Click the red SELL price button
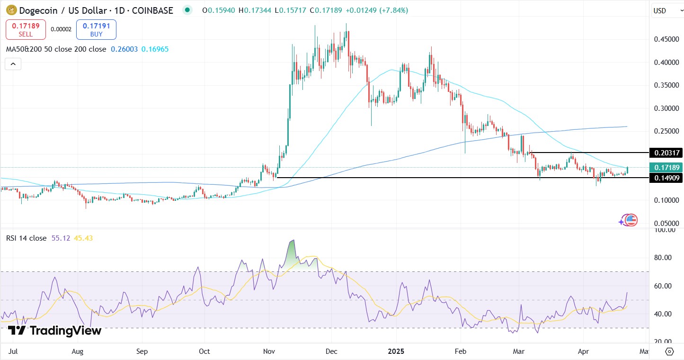coord(26,29)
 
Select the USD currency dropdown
coord(666,10)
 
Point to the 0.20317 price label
coord(667,153)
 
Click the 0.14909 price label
coord(667,178)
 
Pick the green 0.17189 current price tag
coord(667,167)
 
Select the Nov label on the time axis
coord(268,351)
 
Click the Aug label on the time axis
coord(78,351)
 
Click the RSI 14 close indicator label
coord(26,238)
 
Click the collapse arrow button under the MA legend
coord(13,64)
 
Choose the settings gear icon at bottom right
coord(669,351)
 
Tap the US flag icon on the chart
coord(631,220)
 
